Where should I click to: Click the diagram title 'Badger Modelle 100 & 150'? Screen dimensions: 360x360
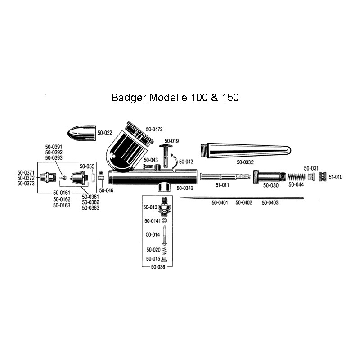click(175, 98)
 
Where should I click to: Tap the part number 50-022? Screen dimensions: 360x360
click(105, 133)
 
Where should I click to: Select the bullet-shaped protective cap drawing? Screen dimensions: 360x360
click(81, 133)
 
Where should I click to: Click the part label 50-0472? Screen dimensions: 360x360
click(154, 130)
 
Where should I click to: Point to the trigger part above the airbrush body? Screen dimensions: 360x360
click(166, 156)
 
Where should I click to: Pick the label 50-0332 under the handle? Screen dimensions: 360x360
click(245, 162)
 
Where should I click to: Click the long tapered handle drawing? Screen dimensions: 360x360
click(246, 151)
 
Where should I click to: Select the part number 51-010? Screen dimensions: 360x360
click(335, 177)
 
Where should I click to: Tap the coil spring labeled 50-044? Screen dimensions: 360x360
click(297, 177)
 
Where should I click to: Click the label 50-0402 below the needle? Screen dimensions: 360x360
click(244, 203)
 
